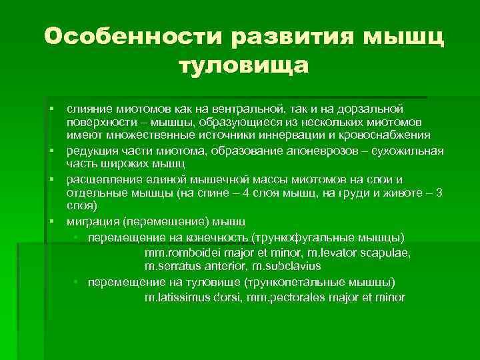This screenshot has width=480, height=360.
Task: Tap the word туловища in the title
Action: tap(244, 67)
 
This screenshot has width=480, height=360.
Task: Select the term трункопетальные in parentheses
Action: tap(303, 282)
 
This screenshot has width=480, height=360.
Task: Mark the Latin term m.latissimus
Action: tap(177, 297)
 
